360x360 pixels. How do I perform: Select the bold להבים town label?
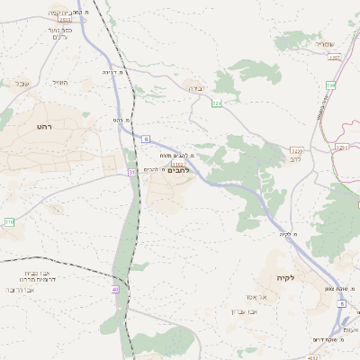180,171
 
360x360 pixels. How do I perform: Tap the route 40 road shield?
115,289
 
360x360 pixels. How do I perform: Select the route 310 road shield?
9,220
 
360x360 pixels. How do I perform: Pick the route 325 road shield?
216,103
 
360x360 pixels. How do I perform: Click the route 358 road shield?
330,85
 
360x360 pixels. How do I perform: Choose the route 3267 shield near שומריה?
335,57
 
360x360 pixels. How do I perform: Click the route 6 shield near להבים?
145,139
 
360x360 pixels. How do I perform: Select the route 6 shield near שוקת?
341,303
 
